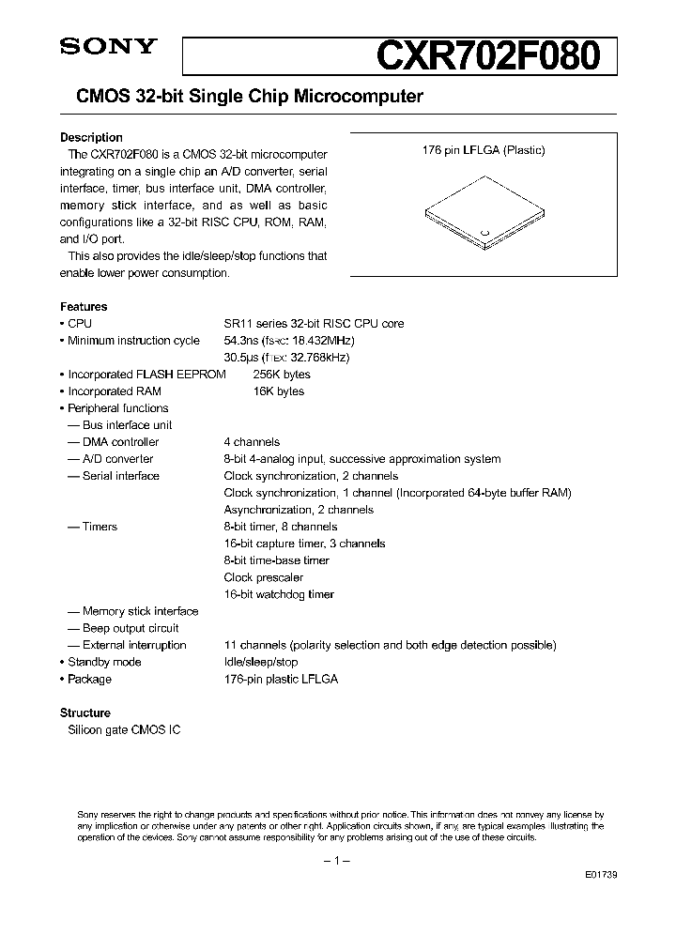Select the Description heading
(91, 137)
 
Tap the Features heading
(84, 306)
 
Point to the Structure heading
(85, 712)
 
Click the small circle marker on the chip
(485, 231)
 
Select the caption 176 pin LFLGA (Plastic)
(483, 150)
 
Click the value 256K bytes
(282, 375)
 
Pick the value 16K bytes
(279, 391)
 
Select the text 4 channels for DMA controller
(252, 442)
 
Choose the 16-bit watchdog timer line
(279, 594)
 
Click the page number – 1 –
(336, 861)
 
